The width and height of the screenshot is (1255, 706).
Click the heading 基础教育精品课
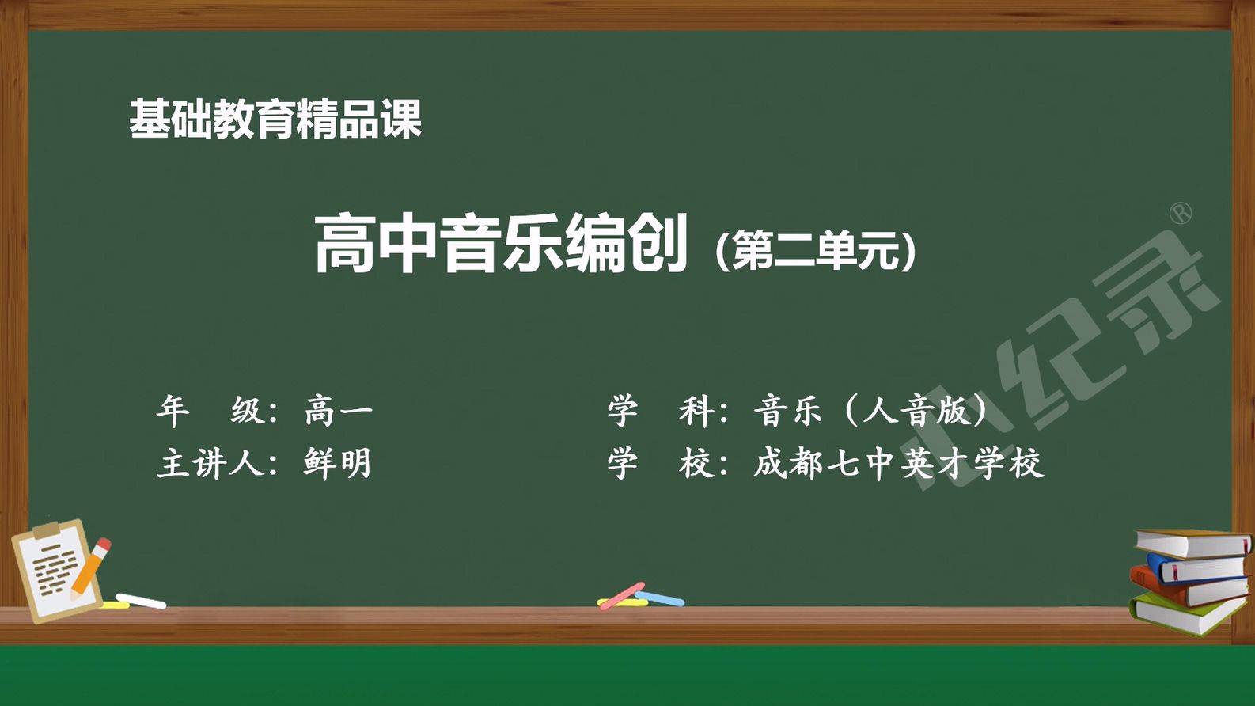[275, 119]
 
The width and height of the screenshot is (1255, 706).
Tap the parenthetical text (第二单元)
[816, 250]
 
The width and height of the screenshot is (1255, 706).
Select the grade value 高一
[339, 412]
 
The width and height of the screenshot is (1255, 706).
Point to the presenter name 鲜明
[337, 463]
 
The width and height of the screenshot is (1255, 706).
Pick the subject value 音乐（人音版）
[870, 411]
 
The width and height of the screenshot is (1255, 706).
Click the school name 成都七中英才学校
[898, 463]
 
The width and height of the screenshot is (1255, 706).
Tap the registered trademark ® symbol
[1181, 214]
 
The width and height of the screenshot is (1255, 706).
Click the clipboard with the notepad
[56, 571]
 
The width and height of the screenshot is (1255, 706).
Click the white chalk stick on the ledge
[141, 601]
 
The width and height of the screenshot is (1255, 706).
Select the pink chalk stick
[622, 596]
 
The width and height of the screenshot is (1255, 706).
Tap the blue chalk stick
[659, 598]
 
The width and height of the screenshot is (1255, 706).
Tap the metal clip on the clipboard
[46, 529]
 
